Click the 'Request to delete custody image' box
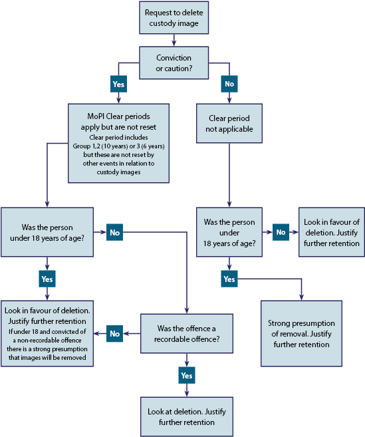(x=174, y=18)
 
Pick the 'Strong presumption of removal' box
(x=301, y=333)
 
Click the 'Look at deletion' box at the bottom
(x=186, y=416)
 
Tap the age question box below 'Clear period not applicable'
(x=229, y=231)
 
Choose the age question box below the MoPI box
(x=46, y=231)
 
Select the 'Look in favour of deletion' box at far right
(x=330, y=231)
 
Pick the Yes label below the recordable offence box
(x=187, y=375)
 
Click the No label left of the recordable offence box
(x=115, y=333)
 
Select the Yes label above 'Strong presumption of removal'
(x=229, y=279)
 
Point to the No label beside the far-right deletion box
(x=280, y=232)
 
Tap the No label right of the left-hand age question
(x=115, y=232)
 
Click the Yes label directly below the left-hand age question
(x=46, y=279)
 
